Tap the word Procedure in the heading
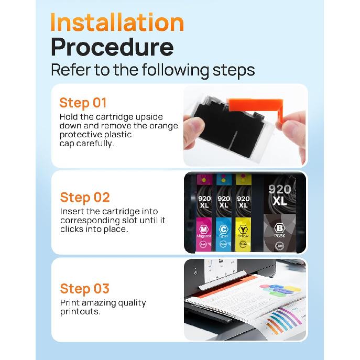coord(112,47)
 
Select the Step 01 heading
coord(83,102)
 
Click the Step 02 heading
coord(85,197)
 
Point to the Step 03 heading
coord(84,288)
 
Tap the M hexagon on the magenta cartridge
coord(204,228)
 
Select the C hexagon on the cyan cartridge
coord(224,228)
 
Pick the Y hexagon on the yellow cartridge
coord(243,228)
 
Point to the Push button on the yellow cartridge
coord(243,244)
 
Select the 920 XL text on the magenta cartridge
coord(204,202)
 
